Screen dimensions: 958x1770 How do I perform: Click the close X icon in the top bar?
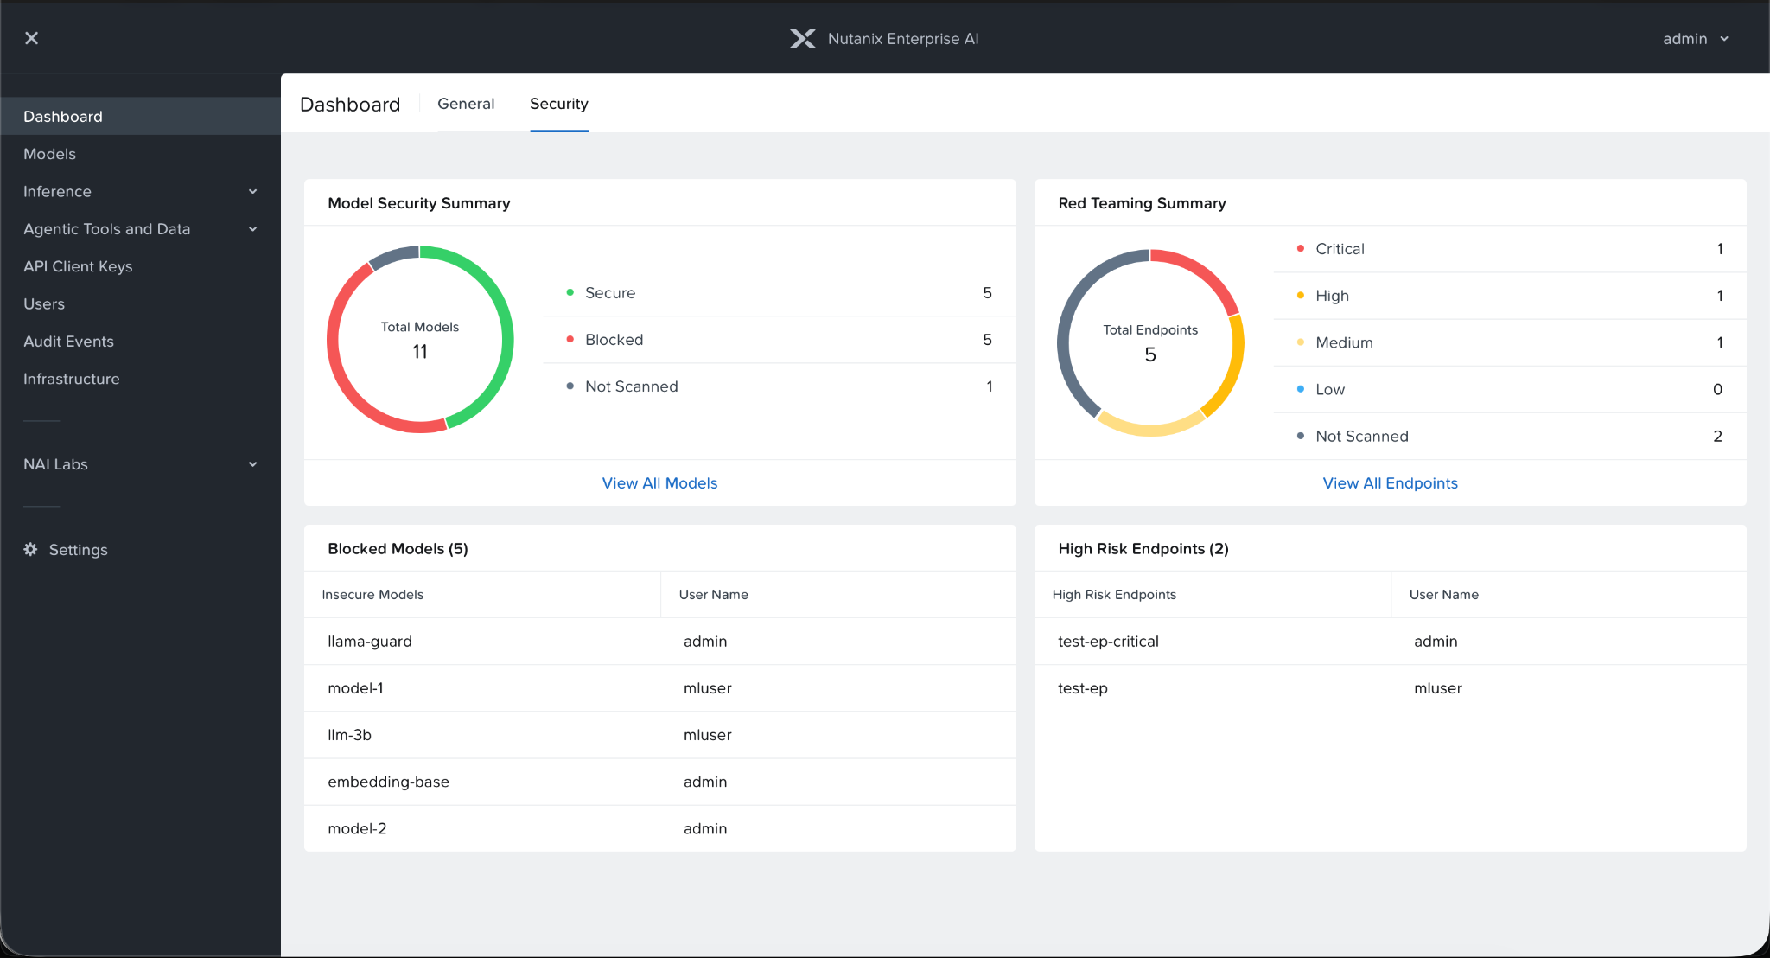pyautogui.click(x=31, y=38)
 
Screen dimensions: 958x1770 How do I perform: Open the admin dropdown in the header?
pyautogui.click(x=1695, y=39)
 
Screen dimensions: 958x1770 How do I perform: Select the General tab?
pyautogui.click(x=466, y=104)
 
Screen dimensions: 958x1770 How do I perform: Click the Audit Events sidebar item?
pyautogui.click(x=68, y=342)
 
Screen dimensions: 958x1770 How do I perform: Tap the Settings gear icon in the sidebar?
pyautogui.click(x=31, y=550)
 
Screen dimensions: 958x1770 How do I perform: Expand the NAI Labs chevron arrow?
pyautogui.click(x=252, y=464)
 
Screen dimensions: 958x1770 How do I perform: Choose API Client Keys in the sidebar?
pyautogui.click(x=78, y=266)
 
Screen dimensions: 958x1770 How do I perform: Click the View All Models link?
pyautogui.click(x=659, y=483)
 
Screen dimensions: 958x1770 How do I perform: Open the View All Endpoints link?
pyautogui.click(x=1390, y=483)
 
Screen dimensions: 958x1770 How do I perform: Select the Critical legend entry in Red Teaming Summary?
pyautogui.click(x=1339, y=249)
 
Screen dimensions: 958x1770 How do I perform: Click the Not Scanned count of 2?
pyautogui.click(x=1717, y=437)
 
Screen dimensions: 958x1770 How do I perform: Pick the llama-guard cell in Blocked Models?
pyautogui.click(x=370, y=642)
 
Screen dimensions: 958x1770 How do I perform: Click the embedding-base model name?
pyautogui.click(x=388, y=782)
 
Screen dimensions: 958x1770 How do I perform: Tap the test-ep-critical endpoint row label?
pyautogui.click(x=1108, y=642)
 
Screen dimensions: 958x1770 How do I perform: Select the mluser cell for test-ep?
pyautogui.click(x=1437, y=688)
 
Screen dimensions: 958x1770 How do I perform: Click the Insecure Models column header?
pyautogui.click(x=372, y=595)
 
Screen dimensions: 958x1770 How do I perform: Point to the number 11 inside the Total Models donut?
pyautogui.click(x=420, y=352)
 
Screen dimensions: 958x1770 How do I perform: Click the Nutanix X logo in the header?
pyautogui.click(x=802, y=39)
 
